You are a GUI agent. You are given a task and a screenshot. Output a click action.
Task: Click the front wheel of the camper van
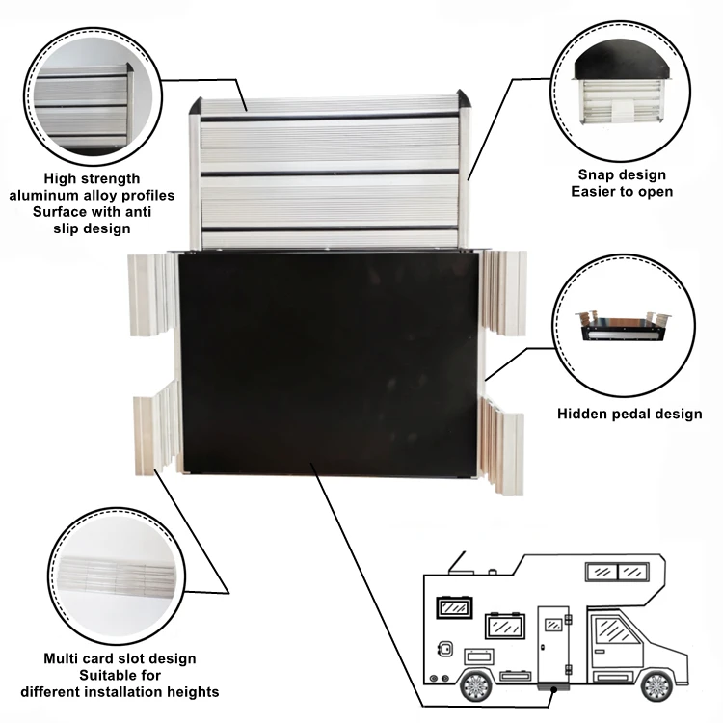[656, 685]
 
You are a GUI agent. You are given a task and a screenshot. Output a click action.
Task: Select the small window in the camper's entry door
[553, 626]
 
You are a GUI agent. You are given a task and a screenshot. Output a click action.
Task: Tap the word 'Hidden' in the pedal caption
[584, 415]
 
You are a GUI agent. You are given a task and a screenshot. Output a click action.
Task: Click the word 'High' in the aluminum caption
[64, 178]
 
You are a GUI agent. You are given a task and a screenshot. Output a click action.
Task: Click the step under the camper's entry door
[553, 686]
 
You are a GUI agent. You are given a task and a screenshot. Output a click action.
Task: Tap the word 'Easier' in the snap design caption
[595, 192]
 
